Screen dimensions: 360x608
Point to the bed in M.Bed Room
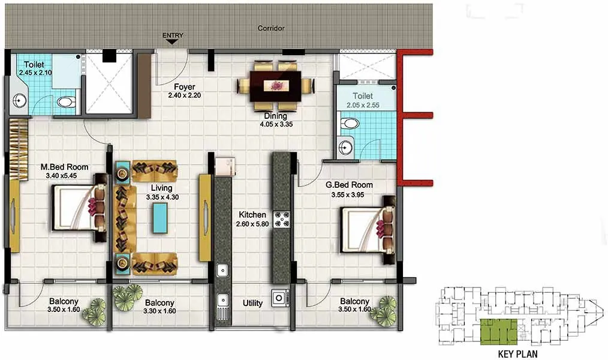(x=79, y=208)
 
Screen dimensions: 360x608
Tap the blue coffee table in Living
(x=160, y=218)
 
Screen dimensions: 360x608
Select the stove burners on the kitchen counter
(x=282, y=220)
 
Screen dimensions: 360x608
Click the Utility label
(x=252, y=303)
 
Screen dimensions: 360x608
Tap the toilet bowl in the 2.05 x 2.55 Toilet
(x=349, y=124)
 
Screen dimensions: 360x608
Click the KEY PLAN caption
(x=518, y=353)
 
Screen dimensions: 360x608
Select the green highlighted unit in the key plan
(x=498, y=332)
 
